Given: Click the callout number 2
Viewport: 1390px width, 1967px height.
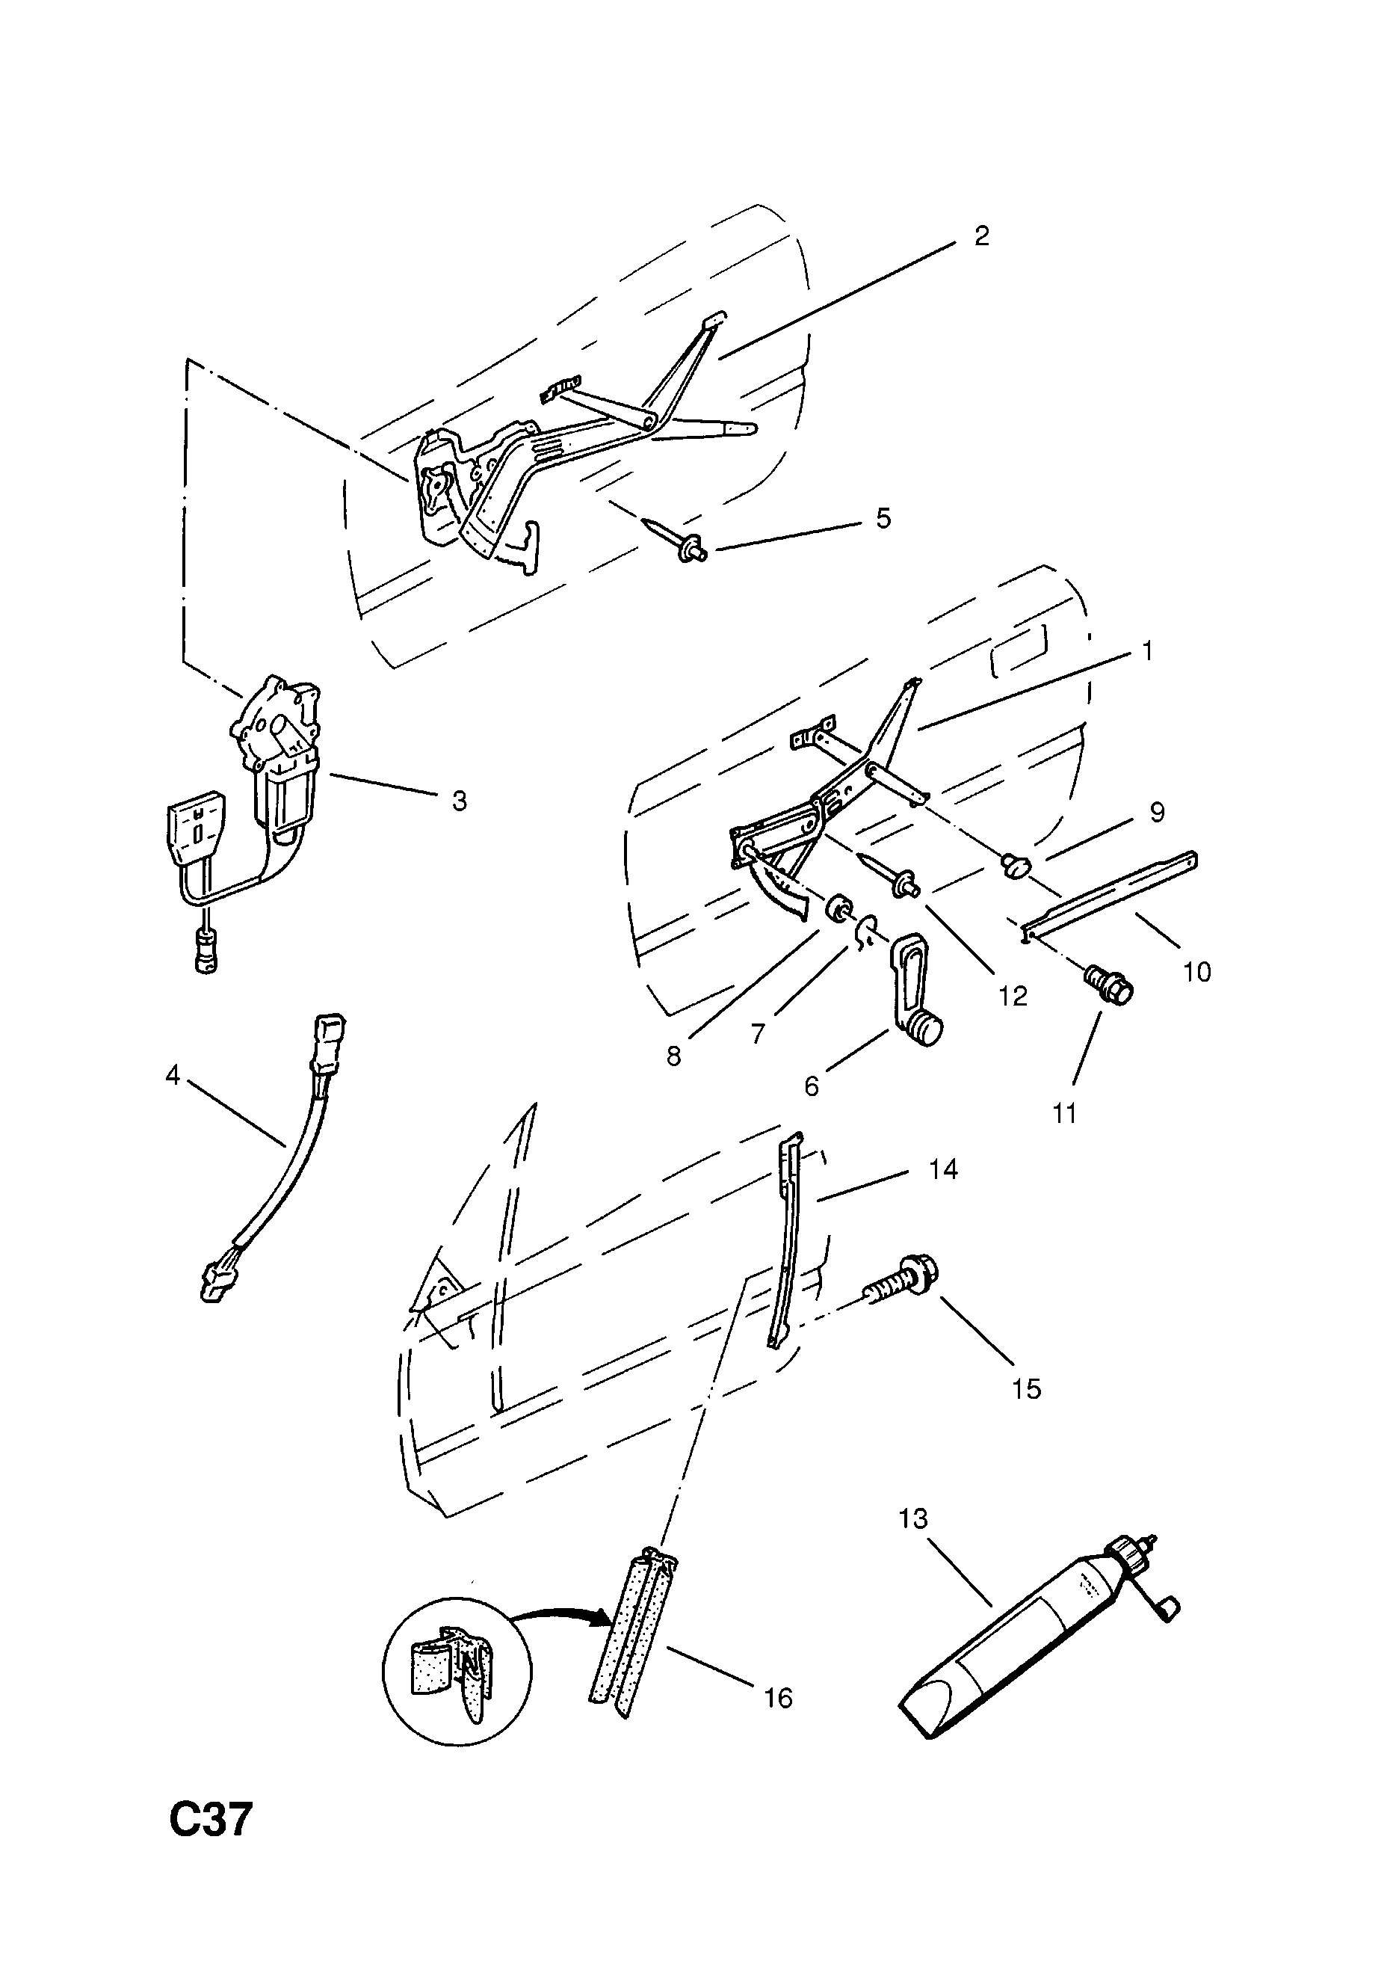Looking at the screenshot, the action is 981,236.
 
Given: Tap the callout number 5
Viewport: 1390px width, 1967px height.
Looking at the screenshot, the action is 883,518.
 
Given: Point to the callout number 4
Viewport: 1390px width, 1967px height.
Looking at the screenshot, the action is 173,1074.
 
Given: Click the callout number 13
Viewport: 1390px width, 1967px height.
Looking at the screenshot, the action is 913,1519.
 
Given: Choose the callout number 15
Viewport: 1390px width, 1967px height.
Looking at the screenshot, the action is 1025,1389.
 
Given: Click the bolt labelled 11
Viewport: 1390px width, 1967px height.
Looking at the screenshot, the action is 1109,985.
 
